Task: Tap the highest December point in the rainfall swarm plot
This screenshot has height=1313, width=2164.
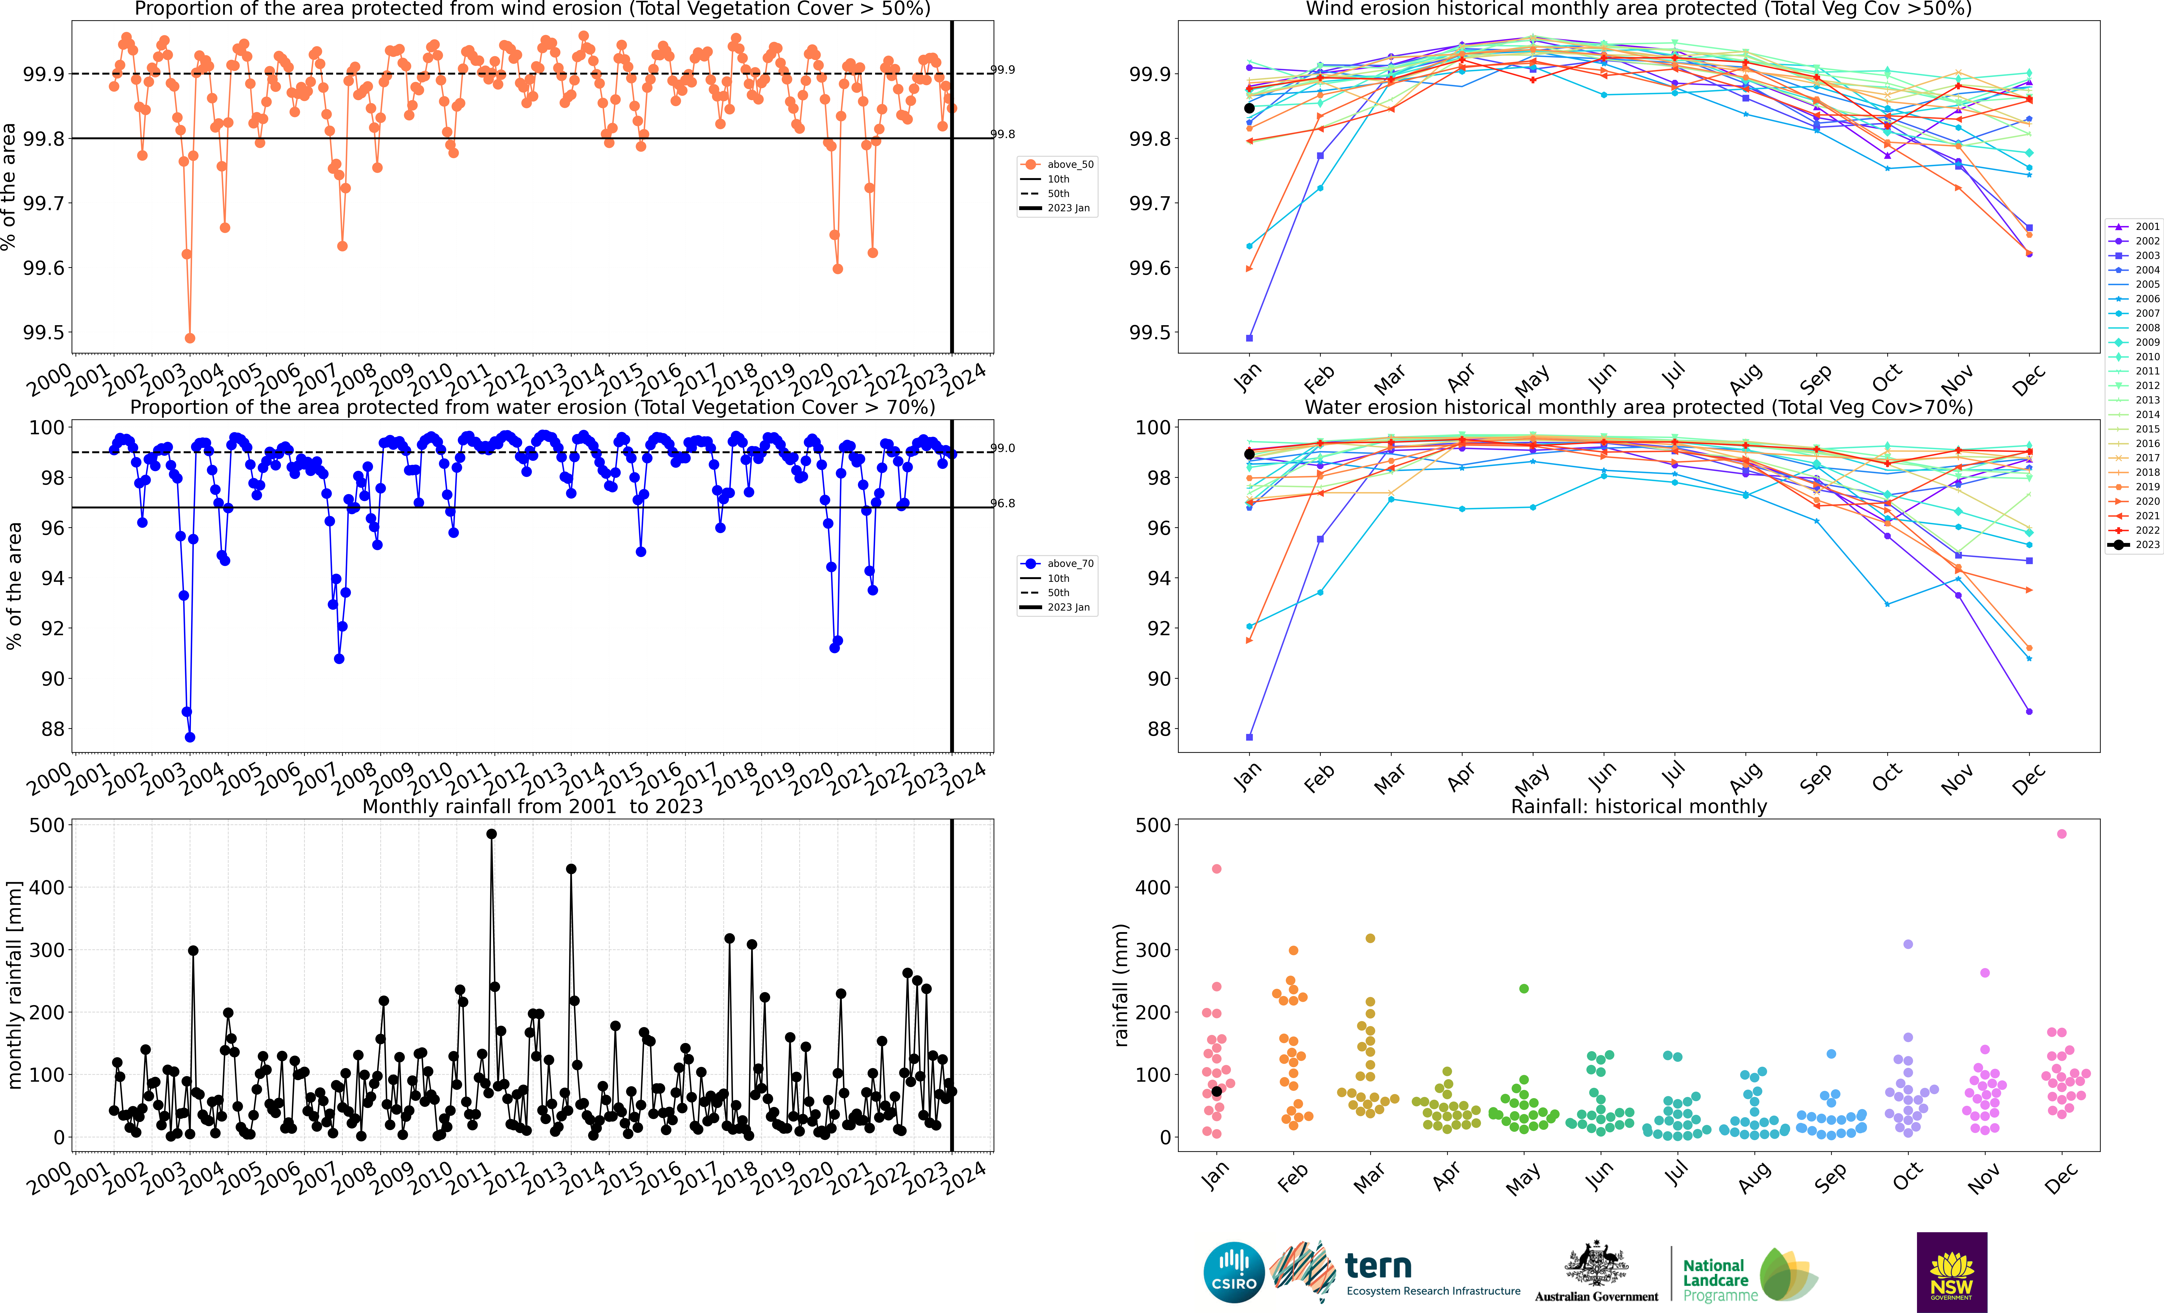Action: point(2062,833)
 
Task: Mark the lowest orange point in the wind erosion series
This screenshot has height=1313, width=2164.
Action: point(190,338)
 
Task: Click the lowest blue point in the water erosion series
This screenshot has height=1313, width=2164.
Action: point(190,737)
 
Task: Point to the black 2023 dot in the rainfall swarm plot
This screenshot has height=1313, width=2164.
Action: point(1216,1091)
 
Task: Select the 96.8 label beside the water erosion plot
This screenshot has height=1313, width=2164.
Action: point(1003,503)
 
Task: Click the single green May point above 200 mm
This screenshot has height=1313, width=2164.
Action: point(1524,989)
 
